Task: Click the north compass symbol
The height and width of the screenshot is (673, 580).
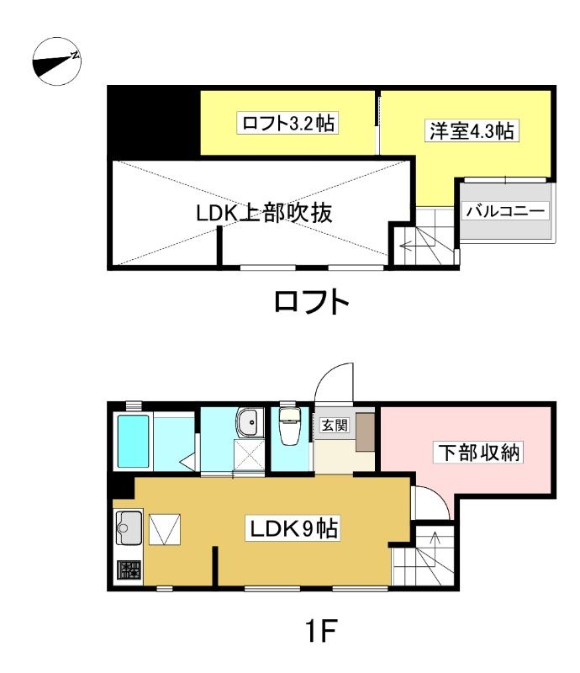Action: click(57, 61)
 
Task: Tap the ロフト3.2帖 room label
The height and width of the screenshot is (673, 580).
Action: click(288, 123)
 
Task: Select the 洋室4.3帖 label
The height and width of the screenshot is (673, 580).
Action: click(472, 130)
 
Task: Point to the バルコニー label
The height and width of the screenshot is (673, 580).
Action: click(506, 211)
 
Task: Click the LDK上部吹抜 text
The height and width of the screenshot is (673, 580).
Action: click(265, 213)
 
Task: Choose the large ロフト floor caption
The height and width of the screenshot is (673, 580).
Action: click(312, 301)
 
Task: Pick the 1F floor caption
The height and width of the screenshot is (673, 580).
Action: click(320, 630)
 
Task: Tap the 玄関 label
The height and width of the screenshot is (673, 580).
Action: click(335, 426)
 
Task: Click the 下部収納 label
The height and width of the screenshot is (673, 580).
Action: click(479, 453)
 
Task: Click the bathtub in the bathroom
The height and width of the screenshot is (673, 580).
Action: click(134, 441)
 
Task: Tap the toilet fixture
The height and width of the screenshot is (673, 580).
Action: click(289, 426)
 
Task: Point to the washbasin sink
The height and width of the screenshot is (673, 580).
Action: click(250, 423)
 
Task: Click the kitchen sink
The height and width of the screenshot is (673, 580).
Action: click(129, 528)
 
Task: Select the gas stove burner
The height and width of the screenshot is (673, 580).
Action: click(129, 570)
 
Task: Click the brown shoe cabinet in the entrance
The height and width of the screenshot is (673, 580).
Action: click(365, 432)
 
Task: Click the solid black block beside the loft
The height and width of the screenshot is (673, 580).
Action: click(154, 121)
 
